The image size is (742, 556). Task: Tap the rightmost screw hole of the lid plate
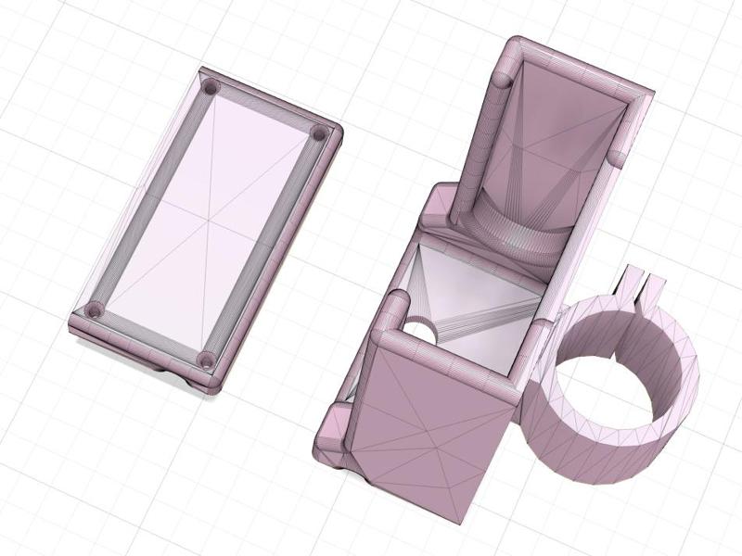click(x=319, y=134)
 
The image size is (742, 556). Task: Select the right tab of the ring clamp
click(x=656, y=286)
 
